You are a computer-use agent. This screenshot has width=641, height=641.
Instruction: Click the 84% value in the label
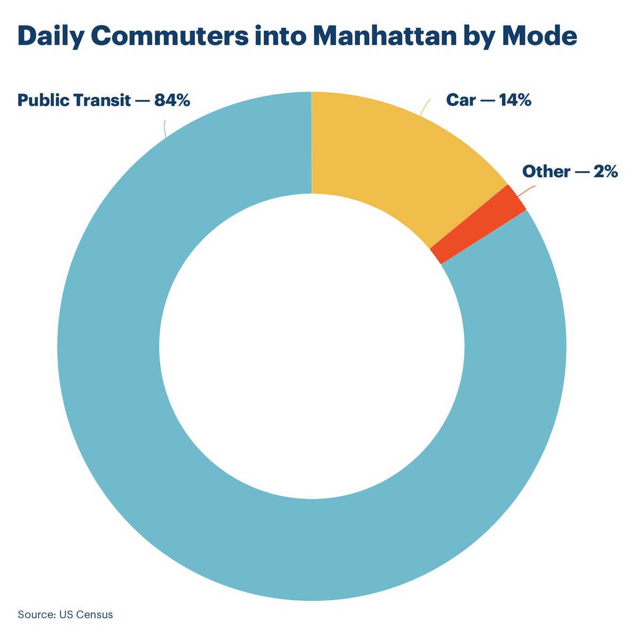click(172, 100)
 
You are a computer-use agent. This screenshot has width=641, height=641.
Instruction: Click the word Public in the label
click(41, 100)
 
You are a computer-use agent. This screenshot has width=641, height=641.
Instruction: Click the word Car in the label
click(460, 100)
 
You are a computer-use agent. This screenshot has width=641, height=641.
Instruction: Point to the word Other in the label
click(545, 172)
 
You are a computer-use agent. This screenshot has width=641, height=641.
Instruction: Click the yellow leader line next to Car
click(425, 107)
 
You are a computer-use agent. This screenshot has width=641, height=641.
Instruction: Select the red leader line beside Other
click(526, 190)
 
